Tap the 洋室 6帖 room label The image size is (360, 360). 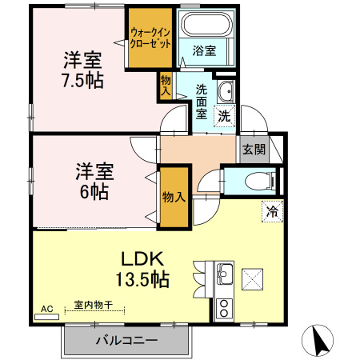click(94, 181)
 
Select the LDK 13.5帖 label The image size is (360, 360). click(142, 269)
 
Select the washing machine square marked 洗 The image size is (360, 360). click(225, 114)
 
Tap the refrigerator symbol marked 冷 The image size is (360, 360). click(272, 211)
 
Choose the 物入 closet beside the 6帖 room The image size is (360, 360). click(174, 196)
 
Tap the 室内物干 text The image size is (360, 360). click(94, 305)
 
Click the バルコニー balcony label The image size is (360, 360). click(126, 340)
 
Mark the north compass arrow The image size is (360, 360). click(321, 341)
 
